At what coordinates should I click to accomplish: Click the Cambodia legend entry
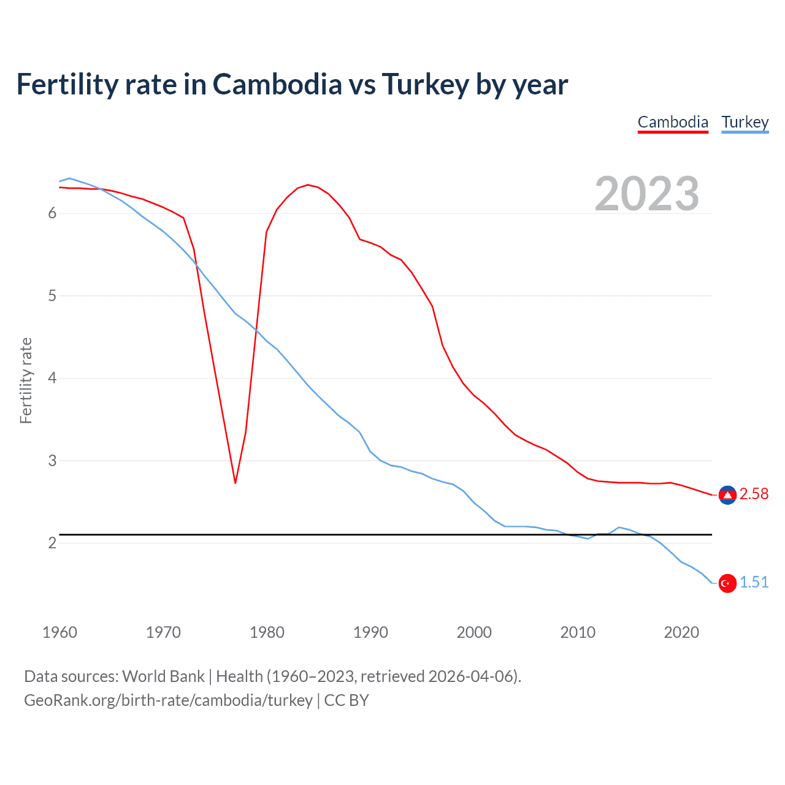click(673, 122)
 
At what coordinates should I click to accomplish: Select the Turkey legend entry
click(745, 122)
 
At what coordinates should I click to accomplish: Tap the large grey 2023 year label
click(646, 194)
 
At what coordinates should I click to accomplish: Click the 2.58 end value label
click(754, 494)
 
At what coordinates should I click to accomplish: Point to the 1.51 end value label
click(754, 583)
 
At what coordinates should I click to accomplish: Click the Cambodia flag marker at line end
click(727, 495)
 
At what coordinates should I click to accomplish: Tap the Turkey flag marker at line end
click(727, 583)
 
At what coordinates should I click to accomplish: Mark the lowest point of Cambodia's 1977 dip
click(235, 483)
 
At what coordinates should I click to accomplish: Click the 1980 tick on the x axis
click(267, 632)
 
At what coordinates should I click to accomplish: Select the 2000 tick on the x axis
click(474, 632)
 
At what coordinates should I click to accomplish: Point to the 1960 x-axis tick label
click(59, 632)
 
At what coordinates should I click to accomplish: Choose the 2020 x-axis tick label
click(681, 632)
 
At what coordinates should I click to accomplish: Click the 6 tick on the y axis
click(52, 213)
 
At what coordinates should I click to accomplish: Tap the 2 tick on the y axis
click(52, 543)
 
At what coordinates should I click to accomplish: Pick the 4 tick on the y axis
click(52, 378)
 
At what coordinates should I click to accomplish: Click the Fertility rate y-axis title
click(26, 380)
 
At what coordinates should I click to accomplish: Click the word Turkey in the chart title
click(425, 84)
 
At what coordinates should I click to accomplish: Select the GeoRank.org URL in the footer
click(168, 700)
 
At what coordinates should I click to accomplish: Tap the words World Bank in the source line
click(163, 676)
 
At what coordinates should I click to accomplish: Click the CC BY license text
click(347, 700)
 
